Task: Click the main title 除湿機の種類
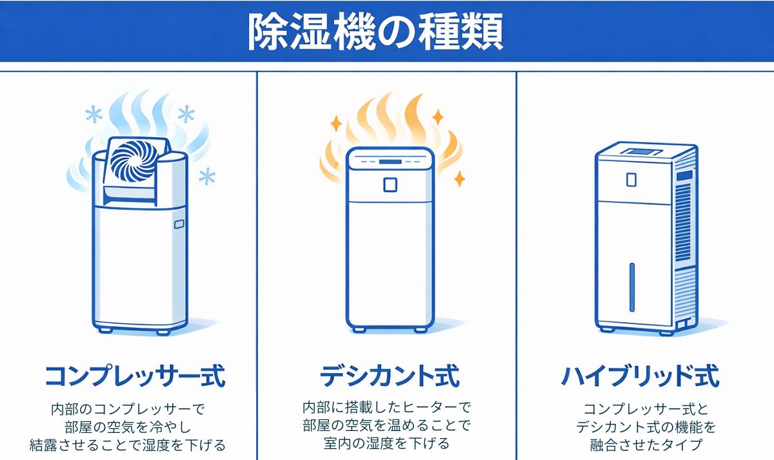pos(375,32)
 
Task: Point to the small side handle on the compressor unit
pos(178,225)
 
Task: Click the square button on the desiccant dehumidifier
pos(390,185)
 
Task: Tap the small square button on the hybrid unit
pos(630,180)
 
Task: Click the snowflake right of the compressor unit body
pos(207,176)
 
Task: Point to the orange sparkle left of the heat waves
pos(335,122)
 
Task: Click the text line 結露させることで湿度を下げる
pos(128,445)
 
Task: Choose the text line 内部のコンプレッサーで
pos(128,409)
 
